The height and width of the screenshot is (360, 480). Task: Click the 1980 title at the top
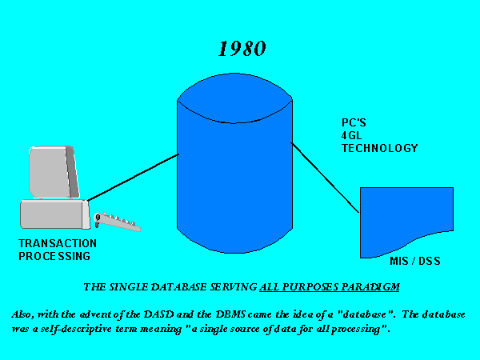pos(242,48)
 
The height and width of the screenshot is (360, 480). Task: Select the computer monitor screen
pos(54,172)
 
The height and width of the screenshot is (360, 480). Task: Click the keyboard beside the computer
pos(118,221)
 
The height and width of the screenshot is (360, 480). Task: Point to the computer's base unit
pos(55,214)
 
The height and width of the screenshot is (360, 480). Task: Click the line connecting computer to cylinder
pos(133,178)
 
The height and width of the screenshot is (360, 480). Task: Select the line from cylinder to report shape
pos(325,178)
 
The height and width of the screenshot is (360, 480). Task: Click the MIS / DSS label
pos(415,261)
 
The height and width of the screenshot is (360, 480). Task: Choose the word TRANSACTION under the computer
pos(58,243)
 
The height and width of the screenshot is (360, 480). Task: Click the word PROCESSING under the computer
pos(54,256)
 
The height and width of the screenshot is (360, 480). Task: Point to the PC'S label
pos(354,122)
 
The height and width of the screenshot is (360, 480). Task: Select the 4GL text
pos(351,136)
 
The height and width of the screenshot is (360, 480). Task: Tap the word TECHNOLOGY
pos(379,149)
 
